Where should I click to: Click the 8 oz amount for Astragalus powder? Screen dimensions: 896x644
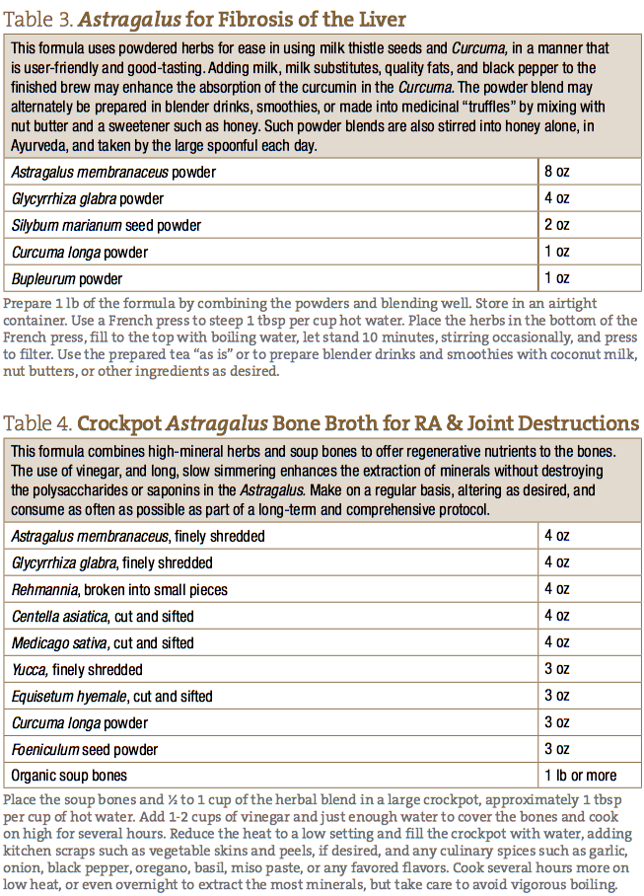click(x=557, y=172)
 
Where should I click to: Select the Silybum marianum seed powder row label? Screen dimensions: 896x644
click(x=107, y=225)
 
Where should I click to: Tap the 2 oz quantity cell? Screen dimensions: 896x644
click(x=557, y=225)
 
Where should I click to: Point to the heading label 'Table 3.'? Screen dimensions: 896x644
click(x=37, y=20)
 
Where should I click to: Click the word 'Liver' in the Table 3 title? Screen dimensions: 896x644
click(x=378, y=20)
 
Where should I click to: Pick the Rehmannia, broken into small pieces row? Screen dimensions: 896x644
click(x=119, y=589)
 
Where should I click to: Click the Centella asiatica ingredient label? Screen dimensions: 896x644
click(x=103, y=616)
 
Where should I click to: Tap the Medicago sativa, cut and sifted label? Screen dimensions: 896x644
click(x=103, y=642)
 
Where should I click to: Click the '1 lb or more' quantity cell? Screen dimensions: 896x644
click(x=580, y=776)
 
